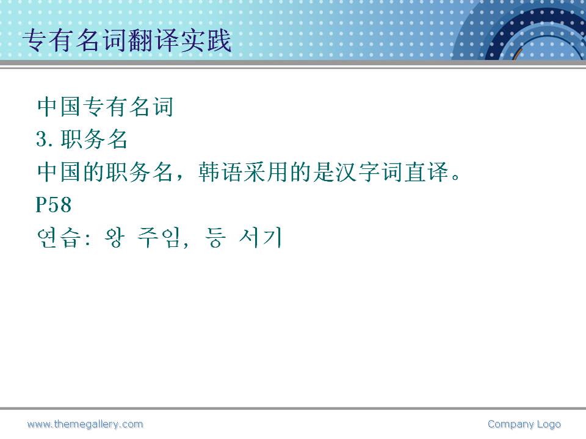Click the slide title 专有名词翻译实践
pos(127,40)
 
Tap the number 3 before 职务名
pos(42,139)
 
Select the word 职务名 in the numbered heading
pos(94,139)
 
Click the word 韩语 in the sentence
pos(220,172)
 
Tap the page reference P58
pos(54,205)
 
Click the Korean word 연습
pos(59,238)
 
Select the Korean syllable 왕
pos(114,238)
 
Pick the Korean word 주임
pos(159,238)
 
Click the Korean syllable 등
pos(215,238)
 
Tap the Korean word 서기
pos(261,238)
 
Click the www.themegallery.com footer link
pos(85,424)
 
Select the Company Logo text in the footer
pos(524,424)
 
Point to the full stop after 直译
pos(455,176)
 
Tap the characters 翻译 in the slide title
pos(153,40)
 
